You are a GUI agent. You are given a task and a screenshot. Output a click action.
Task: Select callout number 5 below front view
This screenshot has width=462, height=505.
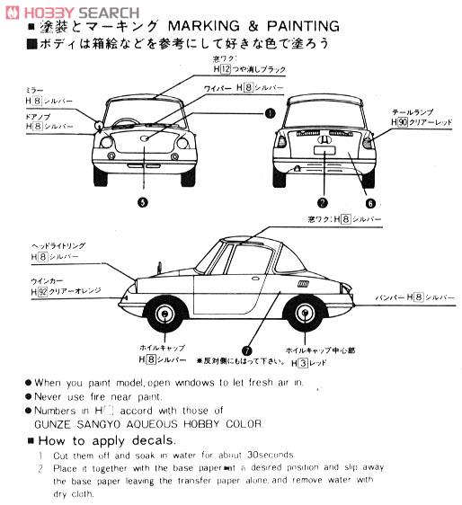142,201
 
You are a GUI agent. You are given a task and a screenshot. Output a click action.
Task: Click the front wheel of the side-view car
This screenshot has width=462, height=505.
166,314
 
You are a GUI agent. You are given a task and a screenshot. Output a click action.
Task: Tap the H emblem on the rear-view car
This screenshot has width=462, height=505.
322,140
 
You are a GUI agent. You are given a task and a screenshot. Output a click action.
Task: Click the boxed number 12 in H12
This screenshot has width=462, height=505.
227,69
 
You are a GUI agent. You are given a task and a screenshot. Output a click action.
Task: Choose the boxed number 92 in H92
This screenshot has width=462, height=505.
41,292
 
